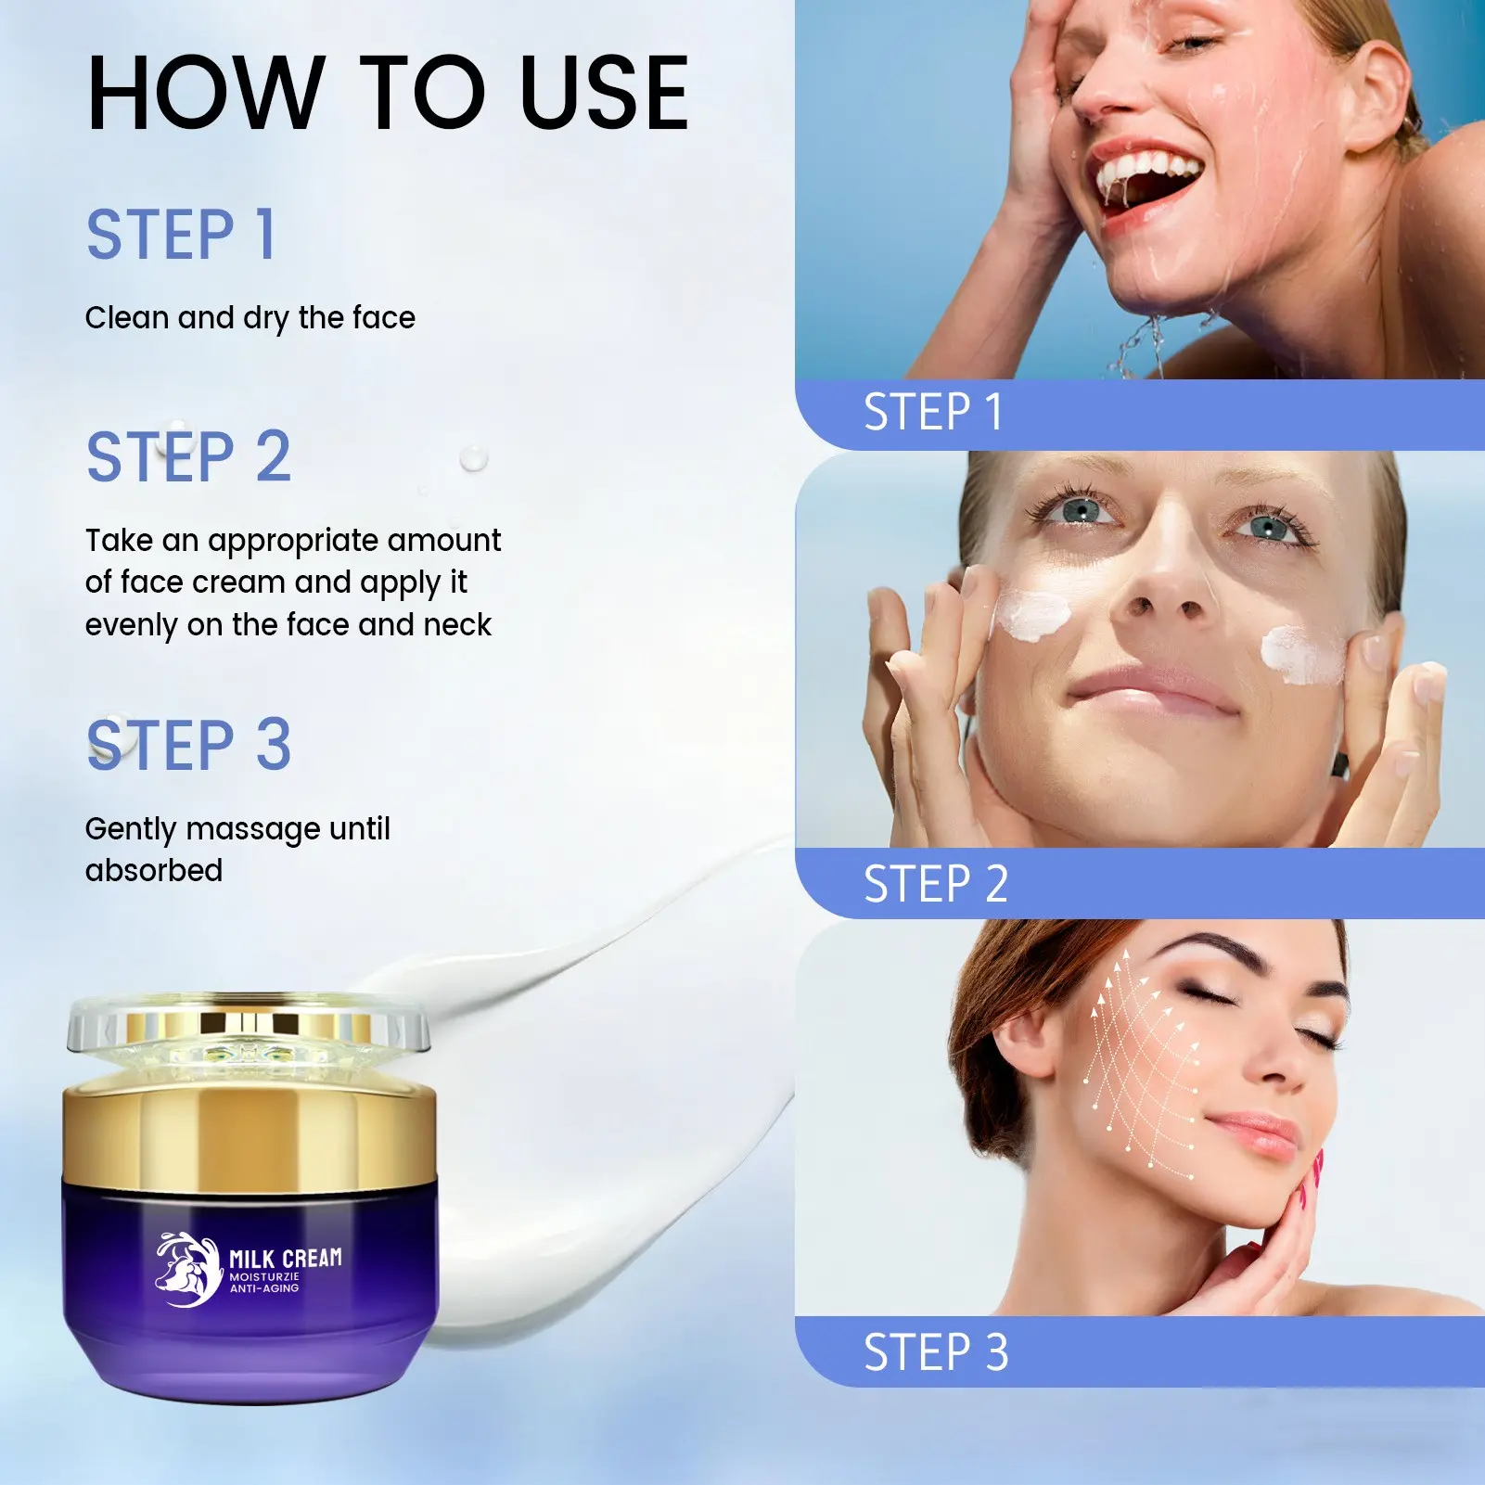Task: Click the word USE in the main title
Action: (604, 93)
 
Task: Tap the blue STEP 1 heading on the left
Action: (181, 234)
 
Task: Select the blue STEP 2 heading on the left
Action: (188, 456)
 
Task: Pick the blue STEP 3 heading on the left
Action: (188, 744)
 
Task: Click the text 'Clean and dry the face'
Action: (250, 318)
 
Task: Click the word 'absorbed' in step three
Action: (154, 870)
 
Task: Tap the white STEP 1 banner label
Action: (933, 412)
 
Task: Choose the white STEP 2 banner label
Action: (936, 883)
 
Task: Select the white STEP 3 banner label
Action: (936, 1352)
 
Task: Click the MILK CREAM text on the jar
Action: (286, 1259)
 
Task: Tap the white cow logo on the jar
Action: (188, 1270)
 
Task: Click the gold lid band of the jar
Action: (250, 1134)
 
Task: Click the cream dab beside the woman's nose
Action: (1031, 614)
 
